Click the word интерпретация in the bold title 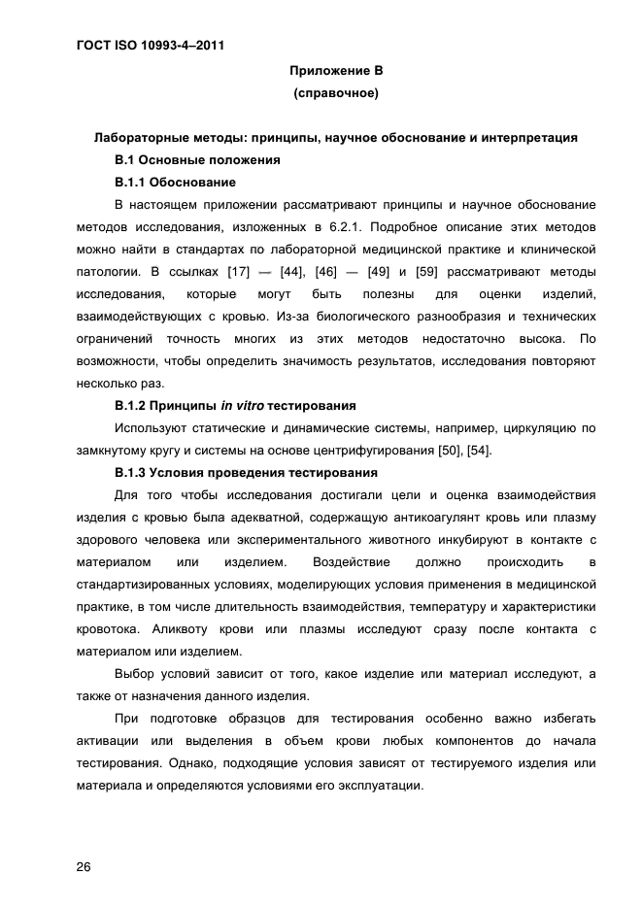pos(532,138)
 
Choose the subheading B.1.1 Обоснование pos(175,183)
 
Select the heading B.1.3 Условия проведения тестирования pos(246,473)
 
